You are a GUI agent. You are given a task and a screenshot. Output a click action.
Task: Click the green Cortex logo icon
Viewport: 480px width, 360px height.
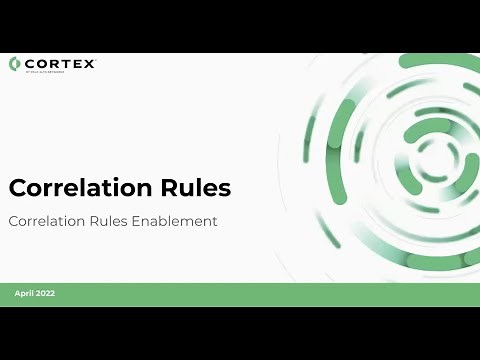tap(14, 64)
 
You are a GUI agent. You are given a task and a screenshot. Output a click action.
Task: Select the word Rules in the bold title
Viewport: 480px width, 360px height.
tap(194, 188)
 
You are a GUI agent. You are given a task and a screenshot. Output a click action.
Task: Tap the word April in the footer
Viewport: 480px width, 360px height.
tap(24, 294)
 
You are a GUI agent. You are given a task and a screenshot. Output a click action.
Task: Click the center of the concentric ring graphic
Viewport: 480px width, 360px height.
tap(432, 156)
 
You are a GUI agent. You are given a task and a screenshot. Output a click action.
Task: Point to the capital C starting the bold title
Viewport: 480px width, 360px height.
tap(18, 188)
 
